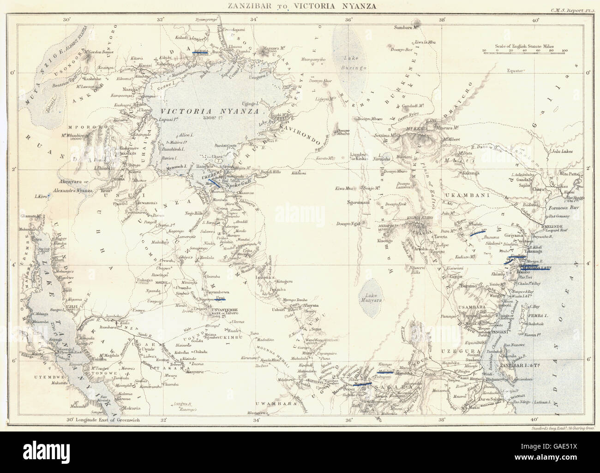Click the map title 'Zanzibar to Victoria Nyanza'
click(x=300, y=6)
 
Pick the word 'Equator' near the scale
click(x=517, y=71)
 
